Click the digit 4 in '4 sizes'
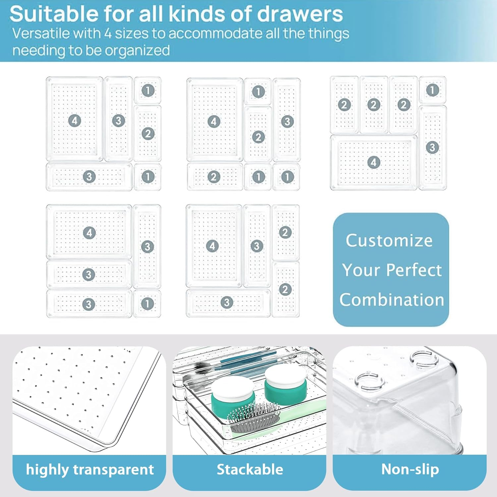108,33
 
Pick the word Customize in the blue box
389,240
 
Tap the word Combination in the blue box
391,300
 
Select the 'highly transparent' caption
89,469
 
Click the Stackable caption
250,469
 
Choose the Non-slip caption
410,469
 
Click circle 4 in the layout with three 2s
374,162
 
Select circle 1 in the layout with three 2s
432,90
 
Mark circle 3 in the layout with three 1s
287,122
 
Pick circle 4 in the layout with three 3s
89,233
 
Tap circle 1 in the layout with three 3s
147,304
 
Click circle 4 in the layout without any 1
212,246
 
